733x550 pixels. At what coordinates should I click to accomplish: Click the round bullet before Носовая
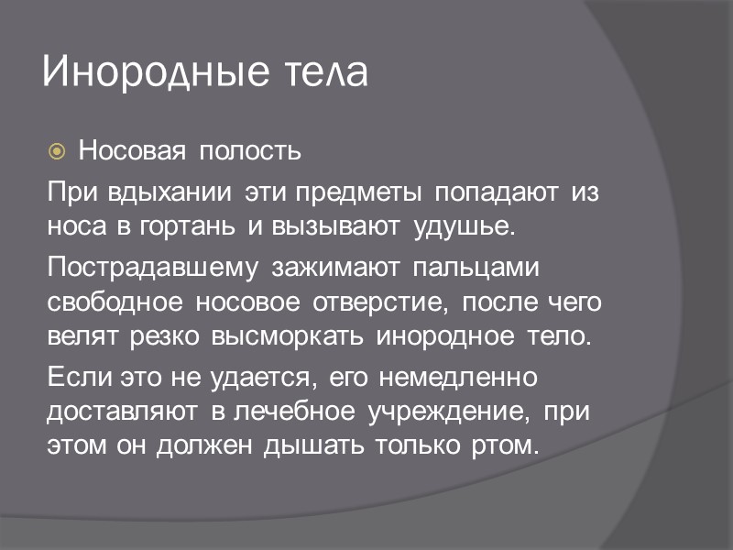pos(57,149)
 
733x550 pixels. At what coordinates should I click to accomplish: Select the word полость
pos(250,149)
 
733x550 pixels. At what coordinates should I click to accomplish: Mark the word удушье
pos(465,225)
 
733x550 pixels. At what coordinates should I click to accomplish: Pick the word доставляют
pos(122,411)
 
